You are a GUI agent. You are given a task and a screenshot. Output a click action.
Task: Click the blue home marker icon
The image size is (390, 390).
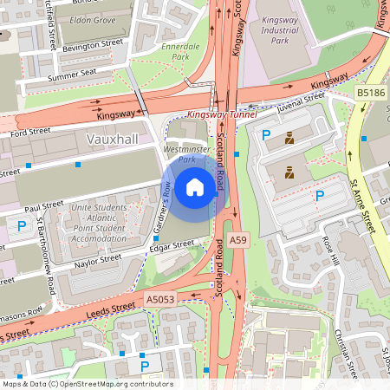coord(195,187)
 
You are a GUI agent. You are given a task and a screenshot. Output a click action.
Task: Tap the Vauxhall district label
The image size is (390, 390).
coord(113,139)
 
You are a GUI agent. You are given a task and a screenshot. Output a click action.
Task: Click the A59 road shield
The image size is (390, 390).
coord(238,241)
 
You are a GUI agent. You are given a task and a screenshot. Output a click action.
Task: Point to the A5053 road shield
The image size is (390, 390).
coord(160,299)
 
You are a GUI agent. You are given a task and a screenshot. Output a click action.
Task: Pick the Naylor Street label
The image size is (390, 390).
coord(96,259)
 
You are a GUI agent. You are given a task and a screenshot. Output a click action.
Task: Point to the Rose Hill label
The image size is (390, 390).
coord(331,250)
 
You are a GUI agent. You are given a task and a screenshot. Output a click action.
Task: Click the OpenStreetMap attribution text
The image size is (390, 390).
coord(88,383)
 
